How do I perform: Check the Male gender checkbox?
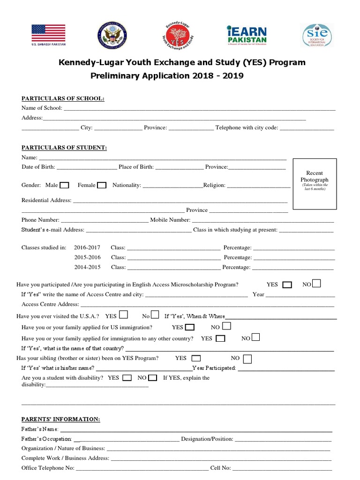[65, 185]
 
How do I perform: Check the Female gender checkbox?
[102, 185]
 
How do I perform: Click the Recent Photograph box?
[314, 184]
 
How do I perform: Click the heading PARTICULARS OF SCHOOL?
[63, 98]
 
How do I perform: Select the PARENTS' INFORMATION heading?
[60, 419]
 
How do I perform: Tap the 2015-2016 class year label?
[87, 257]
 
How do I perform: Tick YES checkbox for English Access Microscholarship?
[287, 285]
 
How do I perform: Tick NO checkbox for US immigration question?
[226, 326]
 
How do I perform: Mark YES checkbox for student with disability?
[127, 378]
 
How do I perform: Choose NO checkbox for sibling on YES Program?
[247, 359]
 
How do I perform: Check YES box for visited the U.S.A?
[124, 315]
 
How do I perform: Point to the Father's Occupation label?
[47, 439]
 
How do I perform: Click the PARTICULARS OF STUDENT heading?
[64, 148]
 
